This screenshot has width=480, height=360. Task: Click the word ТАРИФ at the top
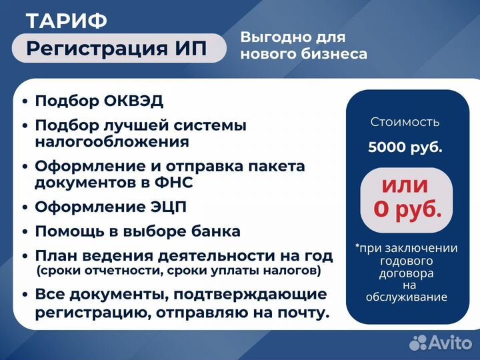click(66, 21)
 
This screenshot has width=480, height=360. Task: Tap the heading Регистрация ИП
click(117, 48)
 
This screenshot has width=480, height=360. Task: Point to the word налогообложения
click(111, 141)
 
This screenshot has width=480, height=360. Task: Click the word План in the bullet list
click(55, 255)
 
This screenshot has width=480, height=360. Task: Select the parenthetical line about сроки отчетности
click(179, 271)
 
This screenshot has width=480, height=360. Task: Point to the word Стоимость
click(405, 122)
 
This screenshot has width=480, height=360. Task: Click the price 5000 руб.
click(405, 147)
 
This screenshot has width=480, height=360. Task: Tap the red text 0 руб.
click(407, 209)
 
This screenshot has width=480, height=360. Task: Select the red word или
click(405, 185)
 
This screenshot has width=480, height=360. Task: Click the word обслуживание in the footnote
click(406, 297)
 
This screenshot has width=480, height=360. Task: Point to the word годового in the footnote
click(406, 261)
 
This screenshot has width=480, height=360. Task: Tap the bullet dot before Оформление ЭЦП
click(25, 208)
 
